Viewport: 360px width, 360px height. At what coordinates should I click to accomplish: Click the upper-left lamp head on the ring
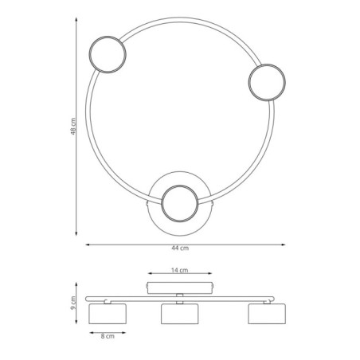[107, 56]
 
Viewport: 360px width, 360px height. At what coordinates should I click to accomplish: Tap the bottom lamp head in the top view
[181, 205]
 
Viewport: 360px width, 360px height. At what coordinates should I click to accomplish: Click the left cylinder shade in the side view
[108, 312]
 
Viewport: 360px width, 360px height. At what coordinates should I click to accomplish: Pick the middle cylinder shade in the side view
[180, 312]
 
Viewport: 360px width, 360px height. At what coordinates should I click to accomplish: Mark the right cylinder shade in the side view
[266, 312]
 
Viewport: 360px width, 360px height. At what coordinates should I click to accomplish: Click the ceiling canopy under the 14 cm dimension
[181, 286]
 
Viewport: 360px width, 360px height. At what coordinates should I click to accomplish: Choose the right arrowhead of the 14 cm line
[213, 276]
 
